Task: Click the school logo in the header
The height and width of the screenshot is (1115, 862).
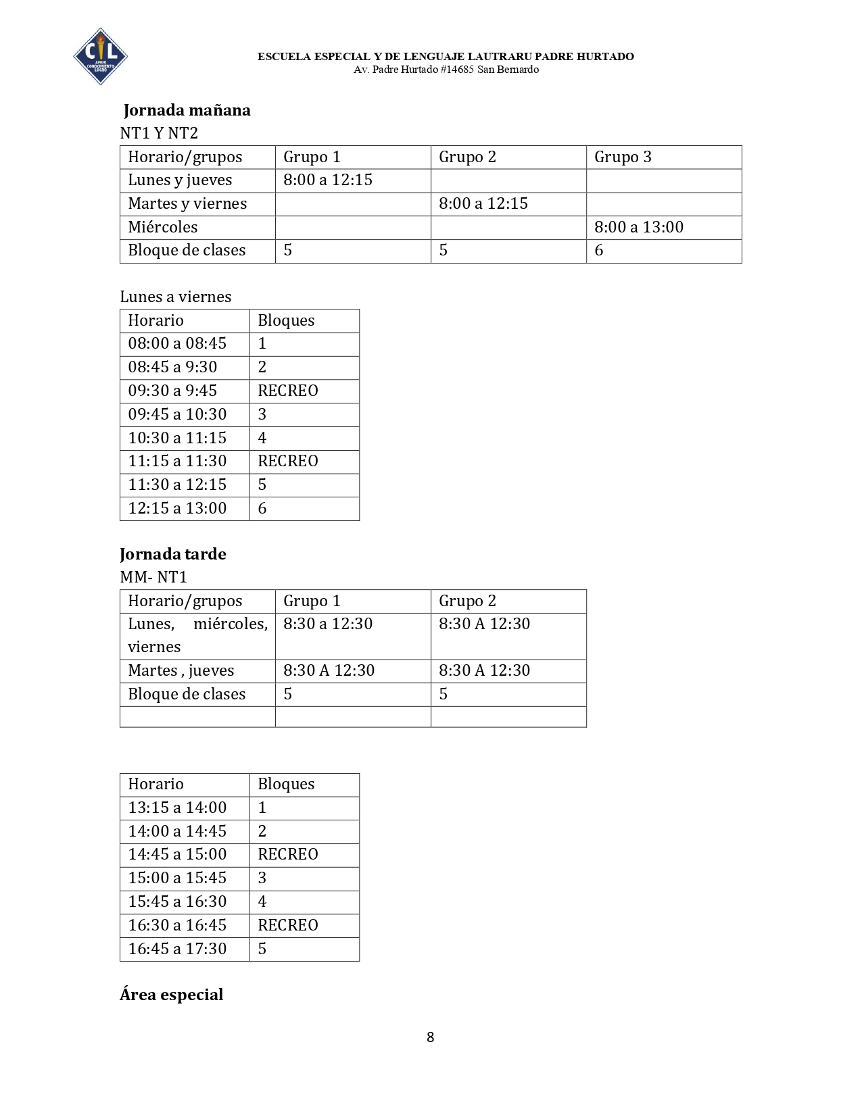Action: click(x=100, y=56)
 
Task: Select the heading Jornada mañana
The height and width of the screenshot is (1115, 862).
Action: click(x=187, y=110)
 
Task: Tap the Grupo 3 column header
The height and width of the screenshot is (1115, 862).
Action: click(x=623, y=157)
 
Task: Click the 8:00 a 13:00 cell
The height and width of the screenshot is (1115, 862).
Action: click(x=639, y=227)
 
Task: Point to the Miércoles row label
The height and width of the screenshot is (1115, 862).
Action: click(x=163, y=227)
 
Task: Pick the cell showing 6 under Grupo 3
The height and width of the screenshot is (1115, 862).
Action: click(x=599, y=251)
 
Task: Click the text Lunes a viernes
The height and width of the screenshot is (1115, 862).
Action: click(x=175, y=297)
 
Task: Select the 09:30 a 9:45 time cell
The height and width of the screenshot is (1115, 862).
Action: click(x=172, y=391)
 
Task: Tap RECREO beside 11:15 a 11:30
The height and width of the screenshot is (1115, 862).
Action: click(x=288, y=461)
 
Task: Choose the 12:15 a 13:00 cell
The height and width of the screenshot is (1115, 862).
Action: click(x=177, y=508)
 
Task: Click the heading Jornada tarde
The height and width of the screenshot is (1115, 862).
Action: click(x=172, y=554)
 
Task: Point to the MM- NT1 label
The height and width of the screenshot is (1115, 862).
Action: click(x=153, y=577)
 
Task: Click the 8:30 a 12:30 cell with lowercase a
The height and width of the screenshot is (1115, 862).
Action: click(x=328, y=624)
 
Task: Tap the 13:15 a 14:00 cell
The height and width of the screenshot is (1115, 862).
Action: click(x=177, y=808)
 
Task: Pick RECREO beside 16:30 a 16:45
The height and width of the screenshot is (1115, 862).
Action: click(x=288, y=925)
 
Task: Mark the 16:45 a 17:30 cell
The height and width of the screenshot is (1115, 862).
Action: click(x=177, y=949)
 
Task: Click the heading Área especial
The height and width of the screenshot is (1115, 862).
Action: click(x=171, y=995)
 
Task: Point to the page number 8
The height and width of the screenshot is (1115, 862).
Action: click(x=430, y=1037)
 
